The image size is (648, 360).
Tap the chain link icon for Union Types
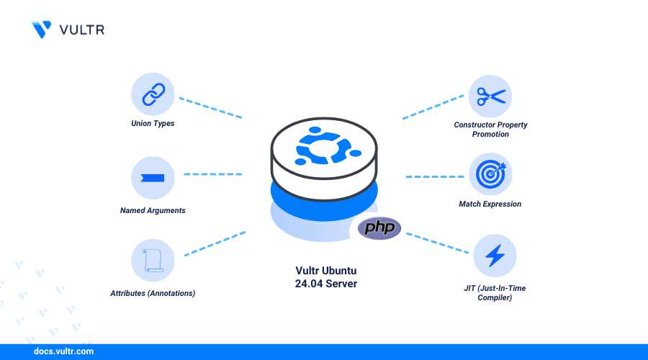pyautogui.click(x=153, y=95)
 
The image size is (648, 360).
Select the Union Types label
pyautogui.click(x=153, y=123)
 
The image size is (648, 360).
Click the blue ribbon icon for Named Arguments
pyautogui.click(x=153, y=178)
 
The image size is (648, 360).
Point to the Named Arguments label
pyautogui.click(x=153, y=210)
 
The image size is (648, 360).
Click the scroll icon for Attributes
pyautogui.click(x=153, y=260)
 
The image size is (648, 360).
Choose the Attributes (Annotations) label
pyautogui.click(x=153, y=293)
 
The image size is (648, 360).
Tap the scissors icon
pyautogui.click(x=490, y=96)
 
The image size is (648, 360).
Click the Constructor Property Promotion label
pyautogui.click(x=490, y=129)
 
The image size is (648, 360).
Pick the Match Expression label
pyautogui.click(x=490, y=204)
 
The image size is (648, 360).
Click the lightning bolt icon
pyautogui.click(x=495, y=256)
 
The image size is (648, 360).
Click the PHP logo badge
pyautogui.click(x=379, y=229)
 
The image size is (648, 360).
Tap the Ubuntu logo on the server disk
pyautogui.click(x=324, y=147)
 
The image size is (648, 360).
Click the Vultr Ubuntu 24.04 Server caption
pyautogui.click(x=325, y=277)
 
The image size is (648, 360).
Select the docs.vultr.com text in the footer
pyautogui.click(x=63, y=352)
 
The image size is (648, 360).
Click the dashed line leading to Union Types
pyautogui.click(x=210, y=107)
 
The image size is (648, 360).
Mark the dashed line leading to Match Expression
pyautogui.click(x=435, y=176)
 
